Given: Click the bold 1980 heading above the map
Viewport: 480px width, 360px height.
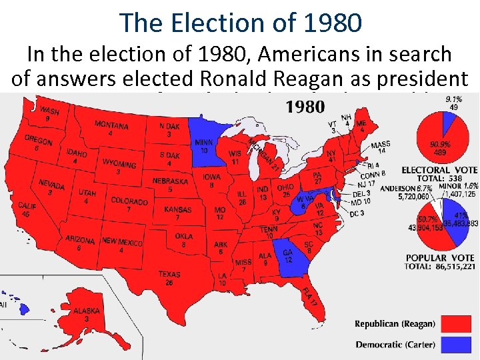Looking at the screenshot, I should [x=305, y=107].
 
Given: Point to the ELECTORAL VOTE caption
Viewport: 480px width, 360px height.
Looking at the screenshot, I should [x=438, y=170].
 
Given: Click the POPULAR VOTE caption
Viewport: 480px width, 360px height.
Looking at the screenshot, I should [x=440, y=257].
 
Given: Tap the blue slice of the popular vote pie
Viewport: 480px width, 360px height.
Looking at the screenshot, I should [x=456, y=226].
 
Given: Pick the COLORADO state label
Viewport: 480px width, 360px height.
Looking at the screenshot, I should [x=129, y=201].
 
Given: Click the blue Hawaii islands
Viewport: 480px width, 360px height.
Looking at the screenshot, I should [x=24, y=309].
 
